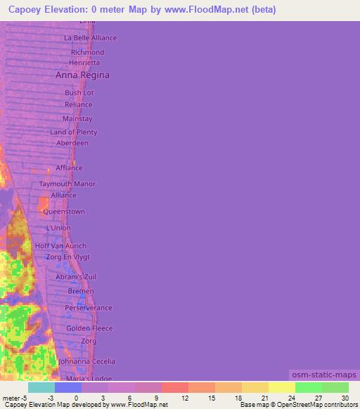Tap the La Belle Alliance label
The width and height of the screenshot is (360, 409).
point(90,38)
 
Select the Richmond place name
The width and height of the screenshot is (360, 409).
point(87,53)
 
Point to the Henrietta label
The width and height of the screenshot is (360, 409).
point(84,63)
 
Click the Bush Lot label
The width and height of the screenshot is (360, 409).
point(79,93)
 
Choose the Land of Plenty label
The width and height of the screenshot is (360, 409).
point(73,132)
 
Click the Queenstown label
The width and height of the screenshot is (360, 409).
point(64,212)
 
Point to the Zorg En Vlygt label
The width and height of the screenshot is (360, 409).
point(68,257)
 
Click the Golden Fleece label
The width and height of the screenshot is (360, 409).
point(89,328)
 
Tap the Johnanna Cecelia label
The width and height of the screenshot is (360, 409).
point(86,361)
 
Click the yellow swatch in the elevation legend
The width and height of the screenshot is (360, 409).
point(281,387)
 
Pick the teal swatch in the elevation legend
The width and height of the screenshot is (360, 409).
point(41,387)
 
